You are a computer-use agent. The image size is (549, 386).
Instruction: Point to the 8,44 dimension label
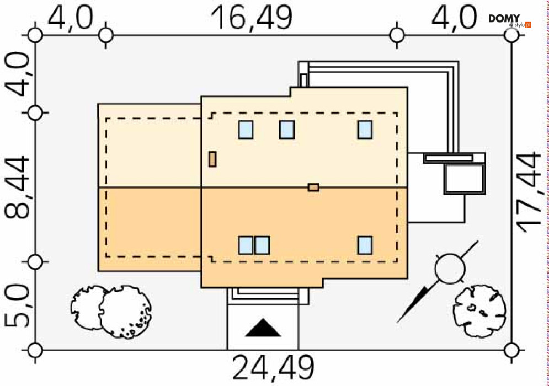tap(18, 187)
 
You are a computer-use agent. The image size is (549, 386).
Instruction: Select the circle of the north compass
tap(449, 268)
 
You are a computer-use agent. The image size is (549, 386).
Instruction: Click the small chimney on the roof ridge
tap(313, 187)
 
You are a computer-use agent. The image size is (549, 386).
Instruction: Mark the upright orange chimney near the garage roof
tap(212, 159)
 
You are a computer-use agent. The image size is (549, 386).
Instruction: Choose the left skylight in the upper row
tap(246, 130)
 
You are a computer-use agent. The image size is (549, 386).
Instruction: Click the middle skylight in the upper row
tap(286, 130)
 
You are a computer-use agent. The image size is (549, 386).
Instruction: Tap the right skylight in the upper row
tap(364, 130)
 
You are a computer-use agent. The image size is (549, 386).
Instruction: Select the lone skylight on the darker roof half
tap(364, 245)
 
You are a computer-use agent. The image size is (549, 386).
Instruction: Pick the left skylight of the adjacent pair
tap(246, 245)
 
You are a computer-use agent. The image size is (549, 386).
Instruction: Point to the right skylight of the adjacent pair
tap(262, 245)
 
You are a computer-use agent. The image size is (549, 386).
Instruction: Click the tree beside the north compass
tap(479, 310)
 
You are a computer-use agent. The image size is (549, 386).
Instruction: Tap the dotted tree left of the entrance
tap(125, 312)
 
